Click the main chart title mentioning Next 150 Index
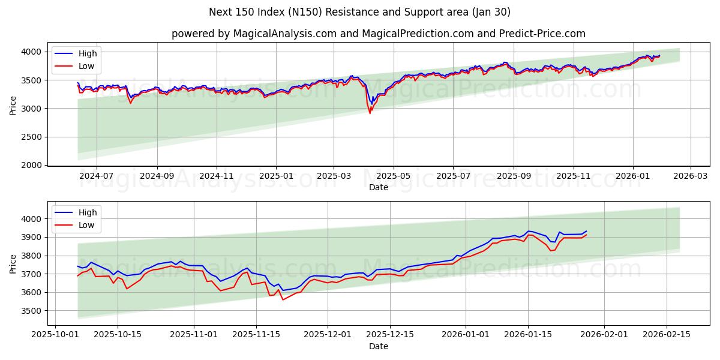(x=360, y=12)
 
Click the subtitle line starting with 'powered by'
(x=378, y=34)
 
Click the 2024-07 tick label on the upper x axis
(x=97, y=176)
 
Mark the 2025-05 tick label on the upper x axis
(x=393, y=176)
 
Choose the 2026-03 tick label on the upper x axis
(x=690, y=176)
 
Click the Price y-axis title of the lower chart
(x=13, y=263)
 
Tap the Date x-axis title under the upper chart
(x=378, y=187)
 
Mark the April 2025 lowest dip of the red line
(x=370, y=113)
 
